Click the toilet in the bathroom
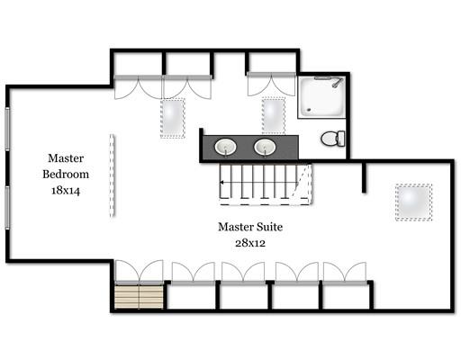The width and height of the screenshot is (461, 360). (333, 139)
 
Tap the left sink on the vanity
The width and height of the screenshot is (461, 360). (225, 147)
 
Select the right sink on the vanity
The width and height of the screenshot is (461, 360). (265, 147)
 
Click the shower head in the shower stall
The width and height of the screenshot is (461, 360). (338, 82)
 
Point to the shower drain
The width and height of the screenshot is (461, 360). (309, 109)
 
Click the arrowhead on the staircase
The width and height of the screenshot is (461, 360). (221, 182)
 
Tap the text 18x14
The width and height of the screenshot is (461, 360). (66, 190)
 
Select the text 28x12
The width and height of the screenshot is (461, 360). (250, 243)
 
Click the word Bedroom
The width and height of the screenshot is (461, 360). (66, 174)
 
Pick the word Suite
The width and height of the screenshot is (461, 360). (268, 227)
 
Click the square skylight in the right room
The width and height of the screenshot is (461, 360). (413, 202)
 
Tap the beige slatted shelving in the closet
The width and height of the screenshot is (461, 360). (139, 296)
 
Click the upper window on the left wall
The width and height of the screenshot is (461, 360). (7, 129)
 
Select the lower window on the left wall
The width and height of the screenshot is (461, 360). (7, 208)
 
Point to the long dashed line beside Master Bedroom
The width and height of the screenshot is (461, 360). (112, 175)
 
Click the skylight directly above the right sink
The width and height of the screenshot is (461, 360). (273, 115)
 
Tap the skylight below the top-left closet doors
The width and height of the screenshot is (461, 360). (173, 118)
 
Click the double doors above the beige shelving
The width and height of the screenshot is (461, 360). (139, 272)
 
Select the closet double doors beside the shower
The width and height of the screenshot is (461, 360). (271, 84)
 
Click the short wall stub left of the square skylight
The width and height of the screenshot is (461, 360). (364, 177)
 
